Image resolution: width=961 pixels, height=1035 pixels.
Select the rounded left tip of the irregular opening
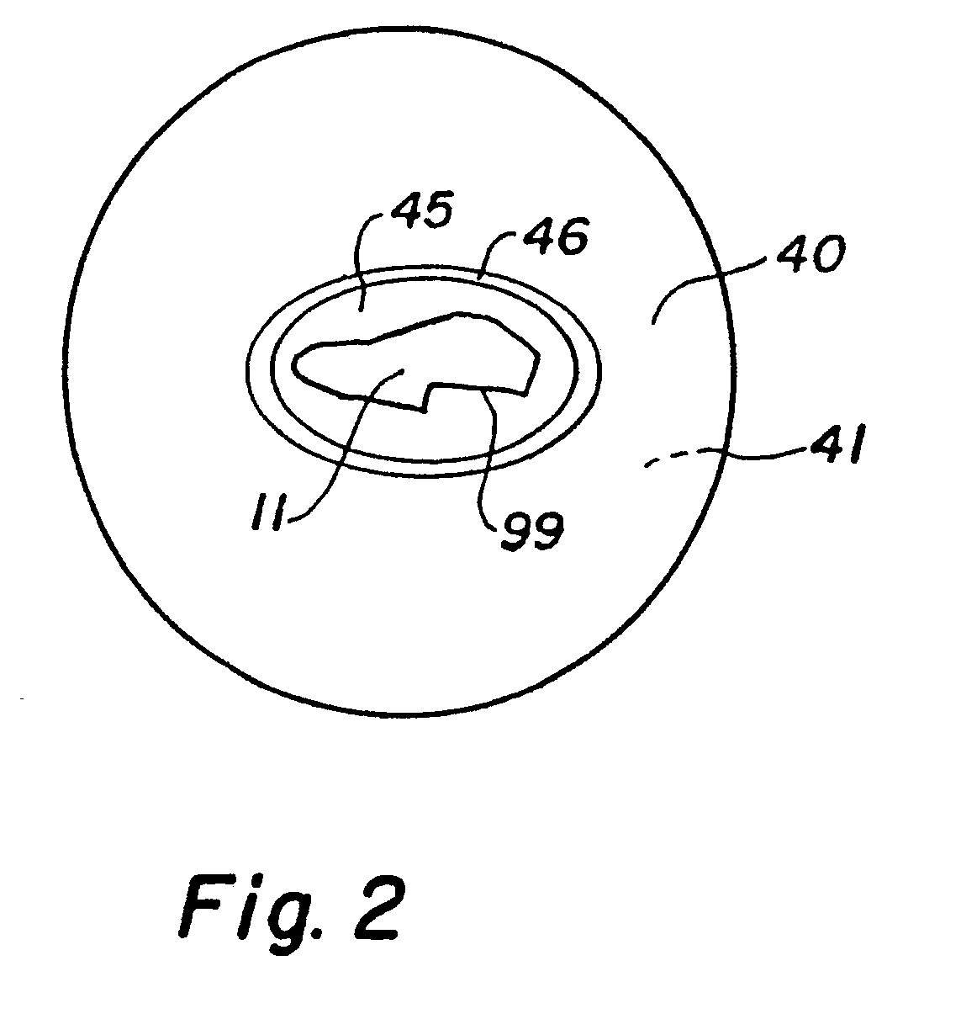(x=296, y=364)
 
